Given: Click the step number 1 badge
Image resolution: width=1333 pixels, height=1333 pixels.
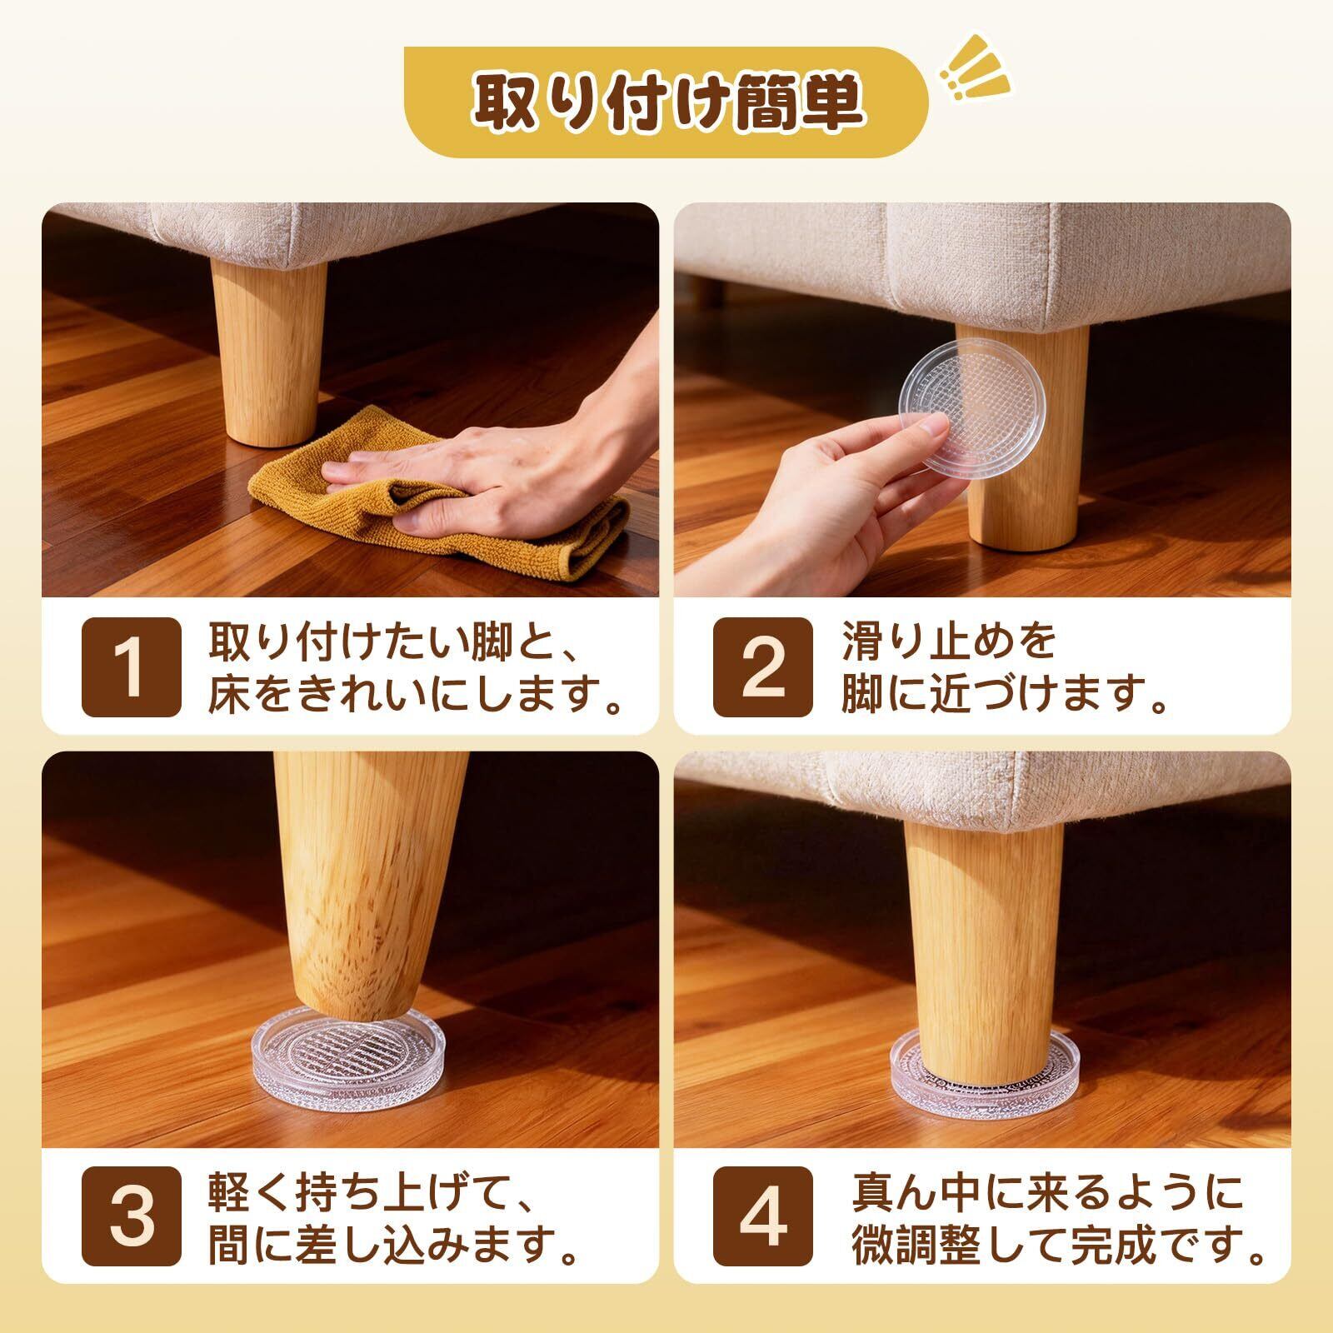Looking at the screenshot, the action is (x=131, y=666).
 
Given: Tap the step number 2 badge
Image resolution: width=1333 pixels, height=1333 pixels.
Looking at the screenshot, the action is (x=763, y=666).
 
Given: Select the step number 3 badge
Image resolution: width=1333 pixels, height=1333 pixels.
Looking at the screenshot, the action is (x=131, y=1216).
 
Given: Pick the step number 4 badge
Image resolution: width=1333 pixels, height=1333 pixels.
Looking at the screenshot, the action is (x=763, y=1216).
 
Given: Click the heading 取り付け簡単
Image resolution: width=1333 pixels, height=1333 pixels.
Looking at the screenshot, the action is (x=666, y=103).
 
